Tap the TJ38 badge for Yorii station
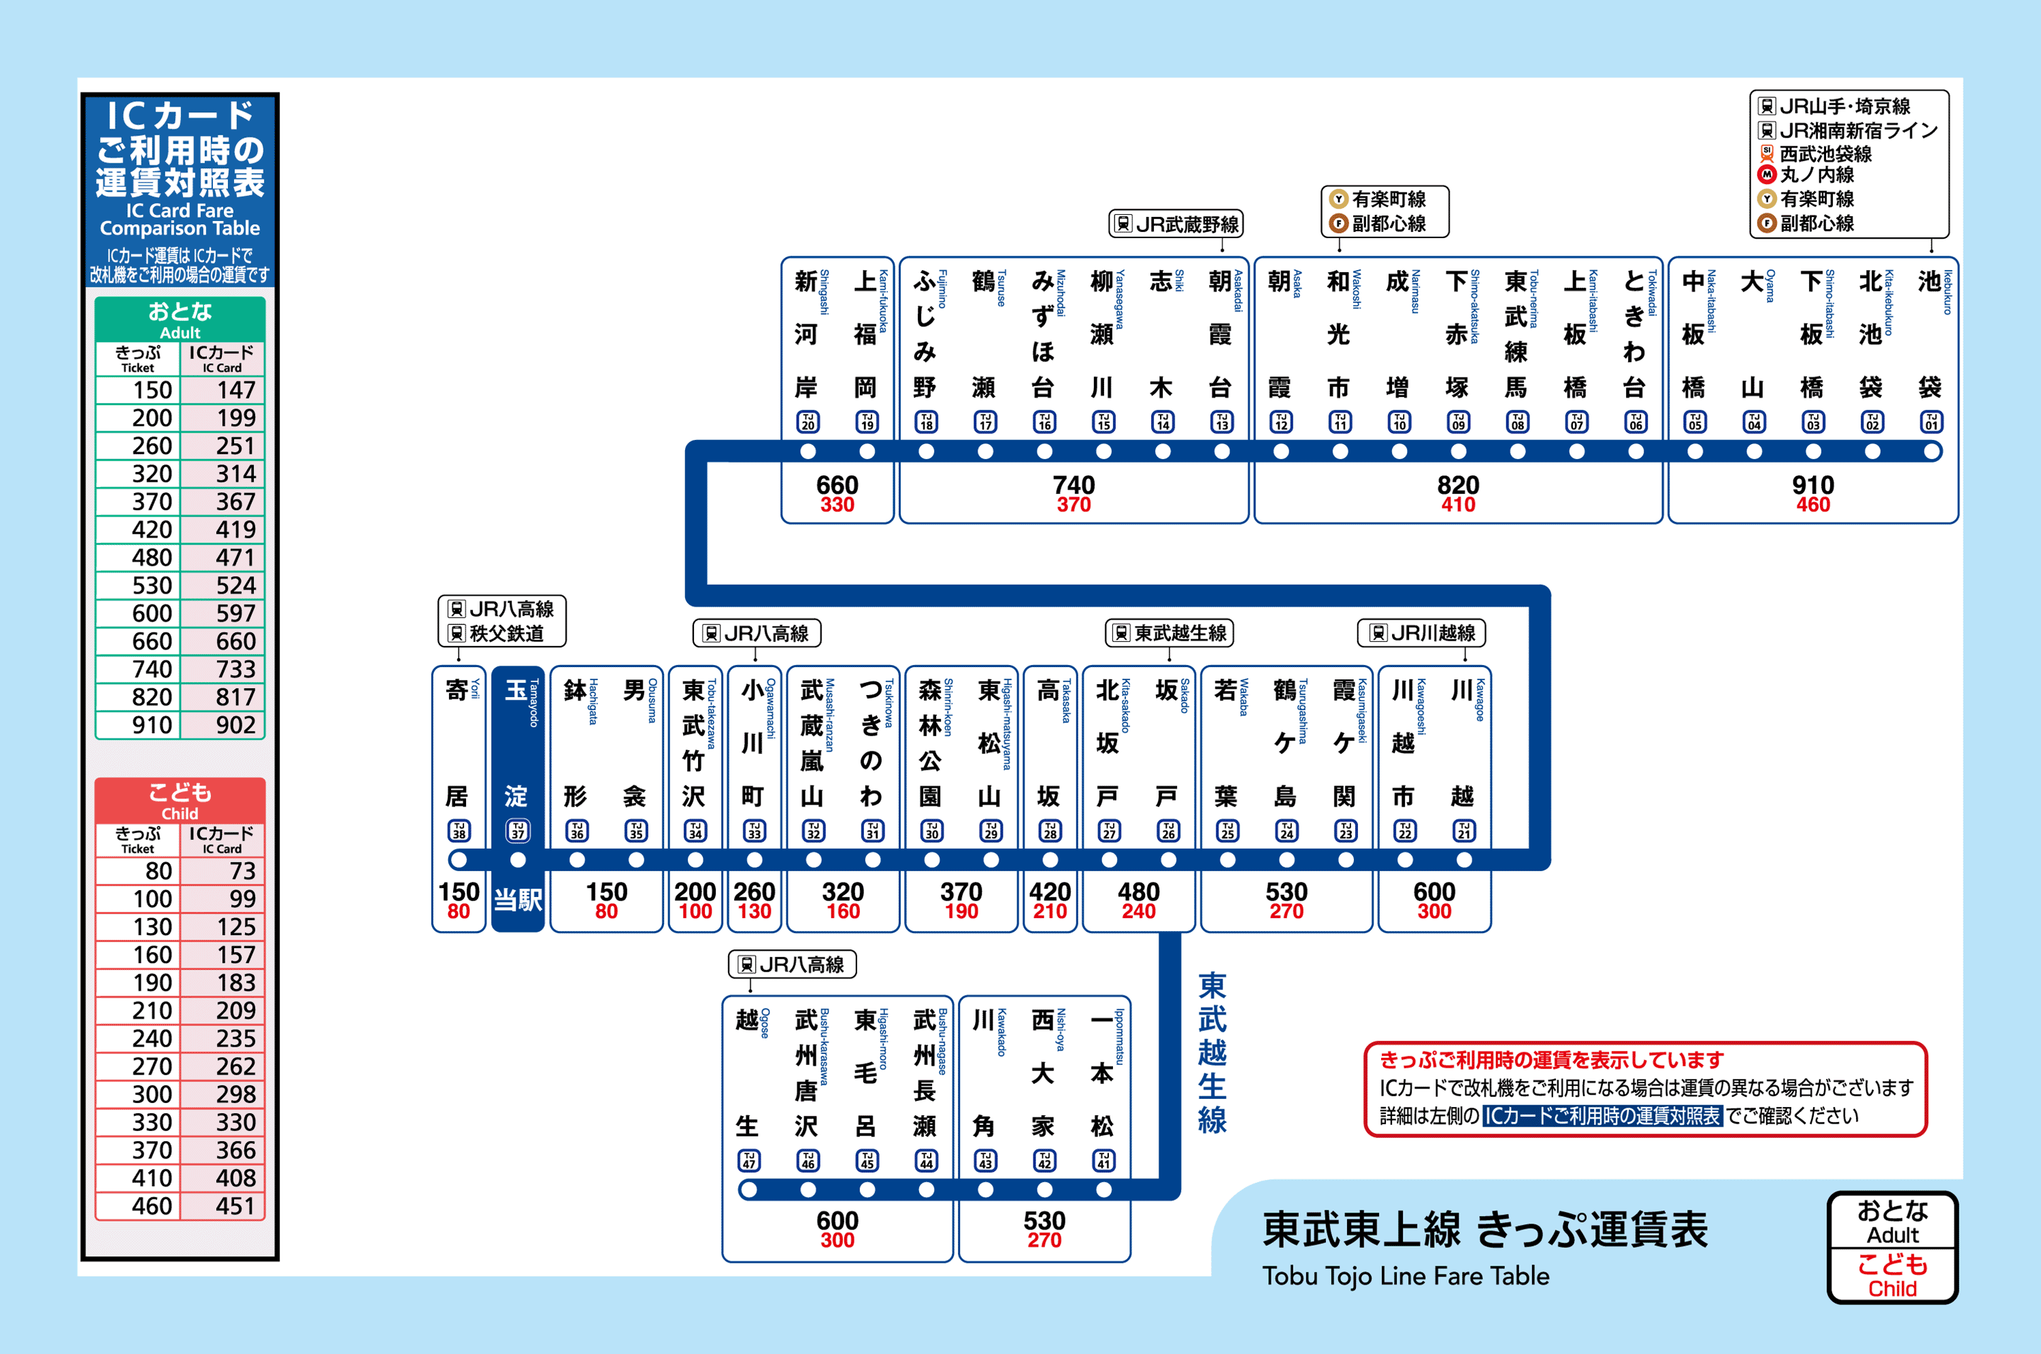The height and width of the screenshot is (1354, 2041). [x=459, y=831]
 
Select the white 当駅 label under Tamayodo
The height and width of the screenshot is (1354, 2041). [x=517, y=900]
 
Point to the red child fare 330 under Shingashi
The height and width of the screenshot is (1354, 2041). [x=836, y=505]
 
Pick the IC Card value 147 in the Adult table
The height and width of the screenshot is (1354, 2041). [x=235, y=390]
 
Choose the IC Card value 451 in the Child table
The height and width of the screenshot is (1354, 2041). [x=235, y=1206]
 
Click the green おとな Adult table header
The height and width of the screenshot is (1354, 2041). [x=180, y=319]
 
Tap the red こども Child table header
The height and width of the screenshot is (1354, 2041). [x=180, y=800]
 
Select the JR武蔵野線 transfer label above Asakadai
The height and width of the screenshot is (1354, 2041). [x=1176, y=224]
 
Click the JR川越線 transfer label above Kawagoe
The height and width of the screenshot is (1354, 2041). [x=1422, y=633]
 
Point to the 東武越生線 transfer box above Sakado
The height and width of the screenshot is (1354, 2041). [x=1169, y=633]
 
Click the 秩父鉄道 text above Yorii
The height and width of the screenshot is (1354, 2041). [x=506, y=634]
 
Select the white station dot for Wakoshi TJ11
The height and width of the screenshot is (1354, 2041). [x=1340, y=451]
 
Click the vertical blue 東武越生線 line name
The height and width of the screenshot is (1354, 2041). [x=1212, y=1052]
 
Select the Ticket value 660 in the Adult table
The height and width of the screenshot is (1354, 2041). [x=152, y=641]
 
